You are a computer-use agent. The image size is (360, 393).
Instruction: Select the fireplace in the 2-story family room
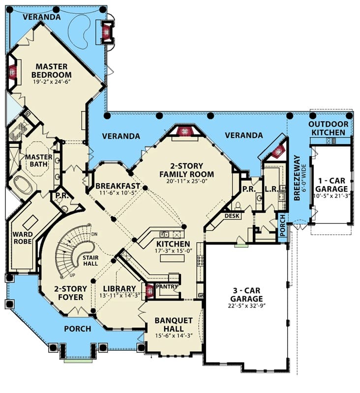pyautogui.click(x=185, y=131)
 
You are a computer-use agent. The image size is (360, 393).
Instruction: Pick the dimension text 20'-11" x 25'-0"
pyautogui.click(x=187, y=181)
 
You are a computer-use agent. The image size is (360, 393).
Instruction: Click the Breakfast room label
pyautogui.click(x=118, y=186)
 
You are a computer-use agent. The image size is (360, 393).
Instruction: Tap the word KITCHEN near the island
pyautogui.click(x=173, y=244)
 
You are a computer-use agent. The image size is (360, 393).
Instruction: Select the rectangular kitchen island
pyautogui.click(x=170, y=258)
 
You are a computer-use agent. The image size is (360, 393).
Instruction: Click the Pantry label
pyautogui.click(x=167, y=286)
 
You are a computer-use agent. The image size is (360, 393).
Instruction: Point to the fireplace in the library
pyautogui.click(x=150, y=291)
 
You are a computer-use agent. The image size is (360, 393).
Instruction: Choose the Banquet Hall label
pyautogui.click(x=174, y=324)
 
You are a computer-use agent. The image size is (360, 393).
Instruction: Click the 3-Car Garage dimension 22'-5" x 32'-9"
pyautogui.click(x=246, y=306)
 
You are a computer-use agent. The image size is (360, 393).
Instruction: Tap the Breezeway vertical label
pyautogui.click(x=297, y=178)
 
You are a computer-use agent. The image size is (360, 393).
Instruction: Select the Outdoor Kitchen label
pyautogui.click(x=328, y=128)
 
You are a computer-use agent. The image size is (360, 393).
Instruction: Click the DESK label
pyautogui.click(x=232, y=216)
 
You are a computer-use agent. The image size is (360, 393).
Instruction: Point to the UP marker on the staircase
pyautogui.click(x=72, y=275)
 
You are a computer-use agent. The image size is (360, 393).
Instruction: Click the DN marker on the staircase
pyautogui.click(x=94, y=234)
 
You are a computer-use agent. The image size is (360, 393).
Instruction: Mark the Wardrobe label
pyautogui.click(x=23, y=238)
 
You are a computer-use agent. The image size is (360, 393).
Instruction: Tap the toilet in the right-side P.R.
pyautogui.click(x=237, y=206)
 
